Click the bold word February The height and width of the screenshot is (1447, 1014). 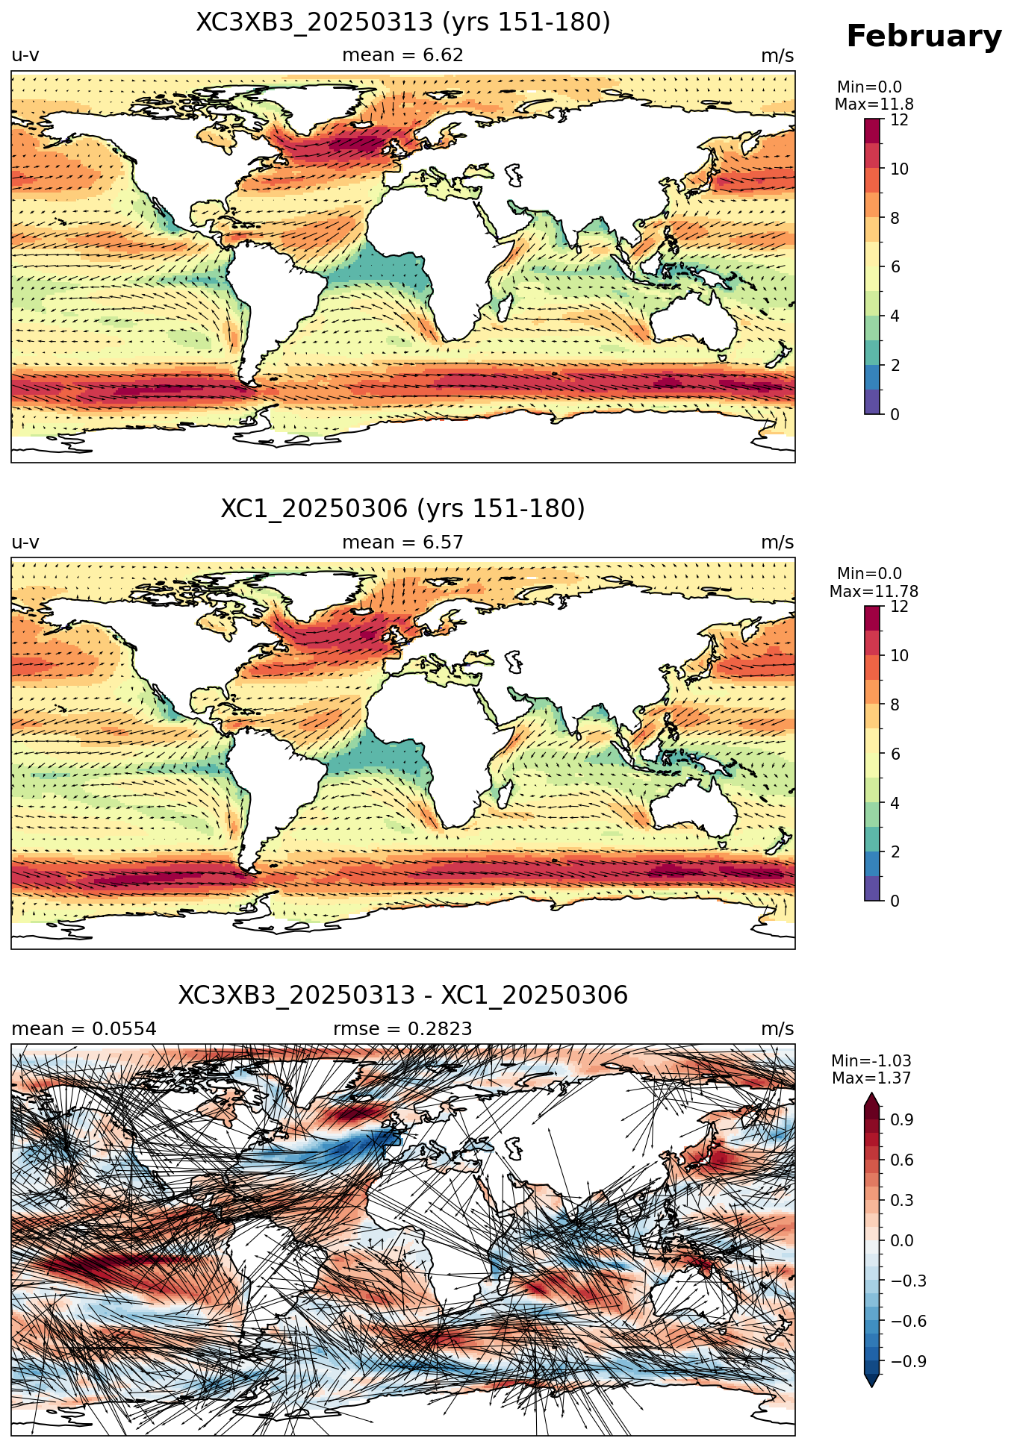point(924,37)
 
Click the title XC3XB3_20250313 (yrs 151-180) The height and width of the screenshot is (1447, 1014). point(403,22)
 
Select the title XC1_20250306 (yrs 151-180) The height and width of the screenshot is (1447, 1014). point(403,509)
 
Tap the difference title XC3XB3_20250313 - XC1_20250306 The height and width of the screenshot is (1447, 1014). point(403,996)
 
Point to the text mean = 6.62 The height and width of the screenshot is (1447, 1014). point(402,55)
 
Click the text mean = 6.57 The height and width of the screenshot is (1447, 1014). point(402,543)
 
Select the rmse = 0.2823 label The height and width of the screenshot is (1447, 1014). point(402,1029)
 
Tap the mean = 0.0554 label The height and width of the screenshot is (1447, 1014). point(84,1029)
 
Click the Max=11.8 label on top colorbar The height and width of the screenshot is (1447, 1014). point(874,104)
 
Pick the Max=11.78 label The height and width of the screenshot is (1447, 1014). point(874,592)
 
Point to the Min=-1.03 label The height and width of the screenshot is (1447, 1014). point(871,1061)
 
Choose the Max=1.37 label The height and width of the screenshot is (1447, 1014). point(871,1078)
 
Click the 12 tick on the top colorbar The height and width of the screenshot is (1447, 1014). point(900,120)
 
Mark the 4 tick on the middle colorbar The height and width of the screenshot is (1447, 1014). point(895,804)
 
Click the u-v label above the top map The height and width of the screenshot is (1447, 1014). point(25,56)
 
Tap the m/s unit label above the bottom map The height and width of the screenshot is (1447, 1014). point(777,1029)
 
